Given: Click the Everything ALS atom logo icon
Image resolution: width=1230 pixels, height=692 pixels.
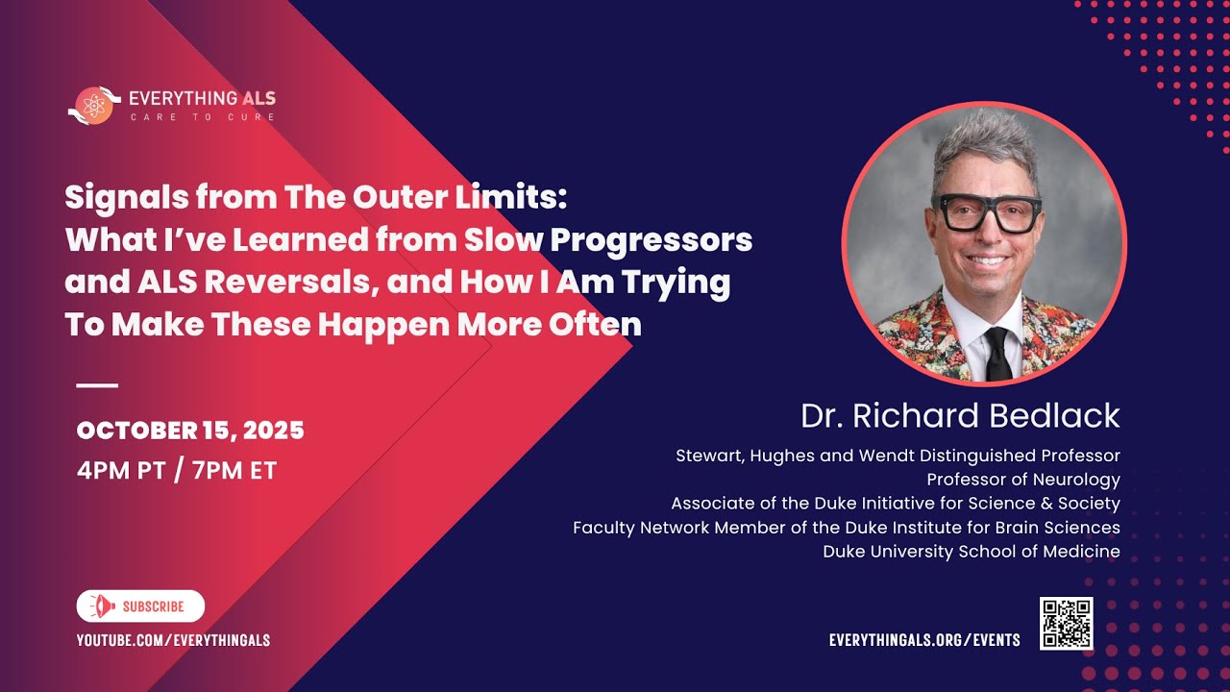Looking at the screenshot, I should point(93,105).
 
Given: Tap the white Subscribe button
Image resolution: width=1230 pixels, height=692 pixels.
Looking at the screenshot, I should point(140,606).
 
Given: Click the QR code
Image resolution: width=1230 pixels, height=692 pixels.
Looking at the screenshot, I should point(1066,624).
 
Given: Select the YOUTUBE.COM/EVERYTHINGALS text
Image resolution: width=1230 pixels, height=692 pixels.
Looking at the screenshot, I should point(173,639).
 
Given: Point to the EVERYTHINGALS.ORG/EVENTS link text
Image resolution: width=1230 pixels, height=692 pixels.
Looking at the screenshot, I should point(924,639).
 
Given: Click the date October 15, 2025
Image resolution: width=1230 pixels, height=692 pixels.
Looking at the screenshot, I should point(190,431).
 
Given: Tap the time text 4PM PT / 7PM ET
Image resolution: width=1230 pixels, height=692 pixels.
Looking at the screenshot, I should point(177,471).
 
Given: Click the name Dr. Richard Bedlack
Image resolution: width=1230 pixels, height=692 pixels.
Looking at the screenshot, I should point(960,416).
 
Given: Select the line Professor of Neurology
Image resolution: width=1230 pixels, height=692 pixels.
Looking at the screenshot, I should point(1023,479).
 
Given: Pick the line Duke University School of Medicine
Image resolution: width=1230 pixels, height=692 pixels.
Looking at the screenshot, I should point(972,552).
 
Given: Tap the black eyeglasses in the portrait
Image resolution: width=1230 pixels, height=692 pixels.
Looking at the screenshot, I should point(988,212).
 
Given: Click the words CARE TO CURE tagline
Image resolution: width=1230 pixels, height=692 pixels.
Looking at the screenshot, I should point(203,117).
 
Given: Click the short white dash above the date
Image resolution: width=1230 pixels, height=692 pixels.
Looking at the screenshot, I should point(96,385).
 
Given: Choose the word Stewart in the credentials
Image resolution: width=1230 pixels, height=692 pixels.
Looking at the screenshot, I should point(711,455).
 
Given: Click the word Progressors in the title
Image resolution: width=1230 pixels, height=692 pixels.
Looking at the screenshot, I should point(651,239).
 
